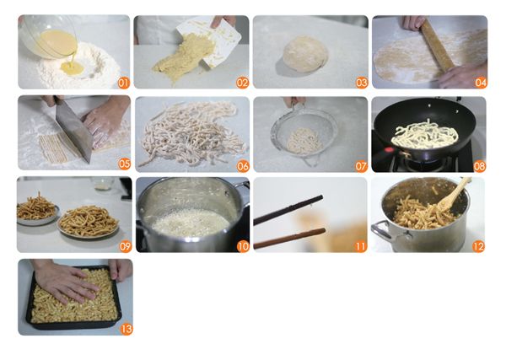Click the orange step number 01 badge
[x=123, y=83]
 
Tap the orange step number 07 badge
[x=361, y=166]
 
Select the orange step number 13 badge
[x=126, y=329]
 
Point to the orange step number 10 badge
[x=243, y=246]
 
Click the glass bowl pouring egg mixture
[x=48, y=37]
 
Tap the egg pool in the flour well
[x=73, y=67]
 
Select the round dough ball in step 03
[x=305, y=54]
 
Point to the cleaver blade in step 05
[x=73, y=129]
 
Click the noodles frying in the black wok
[x=425, y=135]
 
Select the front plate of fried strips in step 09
[x=89, y=223]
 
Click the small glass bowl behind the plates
[x=103, y=184]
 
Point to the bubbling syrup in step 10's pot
[x=191, y=223]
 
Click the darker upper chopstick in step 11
[x=288, y=210]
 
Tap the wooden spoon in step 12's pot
[x=453, y=194]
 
